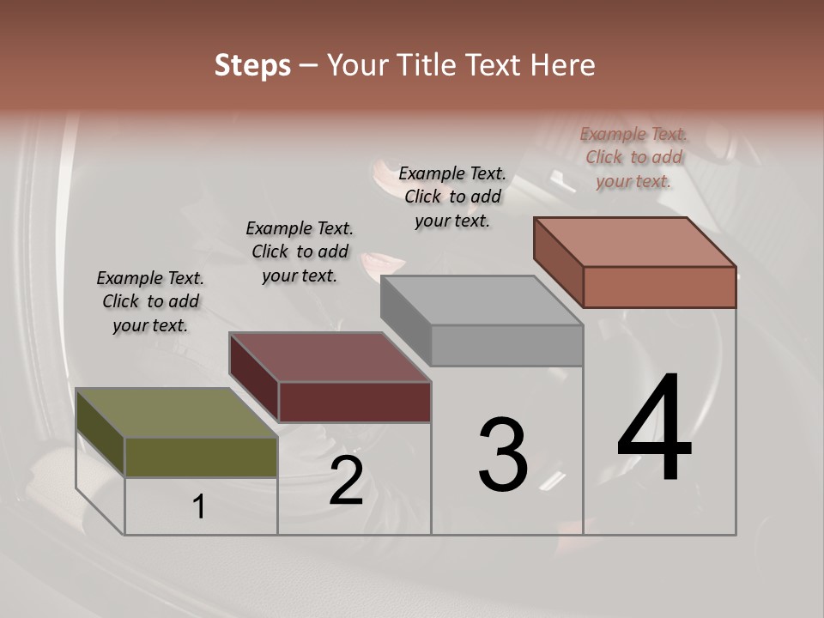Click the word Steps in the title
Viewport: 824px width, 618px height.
point(252,65)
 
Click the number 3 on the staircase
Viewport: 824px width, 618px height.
point(503,454)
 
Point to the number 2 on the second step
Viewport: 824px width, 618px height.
point(346,481)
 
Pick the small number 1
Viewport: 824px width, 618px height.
point(199,507)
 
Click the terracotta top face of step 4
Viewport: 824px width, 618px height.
point(635,242)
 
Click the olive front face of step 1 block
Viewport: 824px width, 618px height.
point(201,457)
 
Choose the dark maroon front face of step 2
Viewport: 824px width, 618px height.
point(354,402)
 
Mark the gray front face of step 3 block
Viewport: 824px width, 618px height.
point(506,345)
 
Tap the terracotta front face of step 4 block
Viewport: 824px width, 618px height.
point(659,287)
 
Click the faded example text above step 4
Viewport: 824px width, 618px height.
point(633,157)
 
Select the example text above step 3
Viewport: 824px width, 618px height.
point(452,197)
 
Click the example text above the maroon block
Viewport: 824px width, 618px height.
point(300,251)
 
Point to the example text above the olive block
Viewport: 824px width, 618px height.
point(150,301)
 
